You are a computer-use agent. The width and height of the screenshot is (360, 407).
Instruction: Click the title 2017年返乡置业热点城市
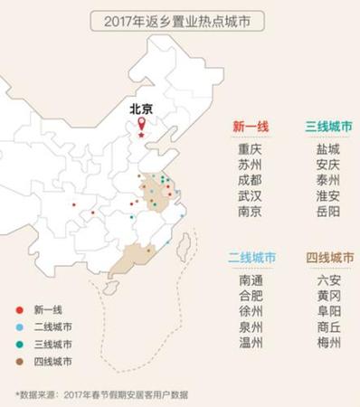(180, 19)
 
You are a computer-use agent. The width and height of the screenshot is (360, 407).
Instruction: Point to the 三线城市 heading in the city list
(328, 128)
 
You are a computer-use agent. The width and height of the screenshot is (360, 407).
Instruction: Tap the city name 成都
(250, 180)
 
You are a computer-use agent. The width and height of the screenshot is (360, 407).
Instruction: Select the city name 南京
(250, 212)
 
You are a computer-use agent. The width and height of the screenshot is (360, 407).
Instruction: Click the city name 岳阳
(328, 212)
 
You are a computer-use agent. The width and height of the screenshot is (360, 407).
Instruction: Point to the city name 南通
(250, 280)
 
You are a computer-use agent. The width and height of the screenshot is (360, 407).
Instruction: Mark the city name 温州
(250, 343)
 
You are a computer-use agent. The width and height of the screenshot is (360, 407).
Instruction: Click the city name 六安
(328, 280)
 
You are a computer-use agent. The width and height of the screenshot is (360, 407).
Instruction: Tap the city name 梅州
(328, 343)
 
